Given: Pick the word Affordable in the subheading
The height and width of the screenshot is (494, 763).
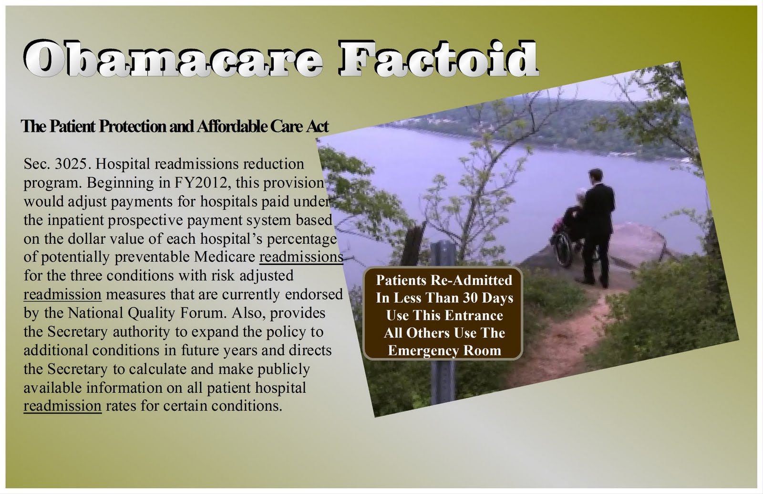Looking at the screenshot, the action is tap(232, 126).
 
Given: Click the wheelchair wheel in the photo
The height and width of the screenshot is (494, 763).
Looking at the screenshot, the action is tap(562, 250).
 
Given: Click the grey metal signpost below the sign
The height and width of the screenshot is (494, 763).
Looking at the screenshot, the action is tap(443, 382).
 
